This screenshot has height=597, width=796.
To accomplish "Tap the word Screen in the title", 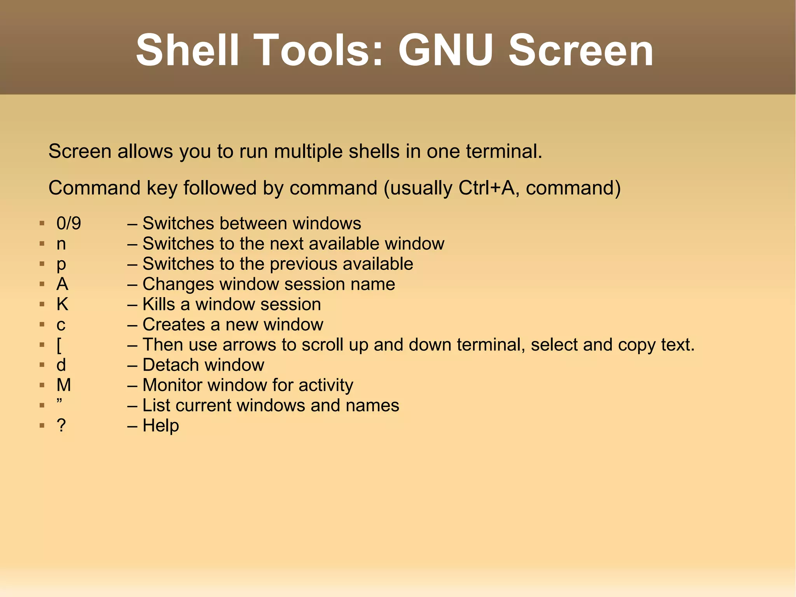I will [x=581, y=50].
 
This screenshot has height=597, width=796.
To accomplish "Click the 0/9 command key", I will [x=69, y=224].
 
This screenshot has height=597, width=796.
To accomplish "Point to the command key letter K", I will [x=62, y=305].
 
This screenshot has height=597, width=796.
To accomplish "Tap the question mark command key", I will [x=61, y=425].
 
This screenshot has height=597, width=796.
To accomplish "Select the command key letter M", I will [x=64, y=385].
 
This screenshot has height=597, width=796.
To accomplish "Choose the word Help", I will [x=161, y=425].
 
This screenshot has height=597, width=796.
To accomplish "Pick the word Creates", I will [x=178, y=325].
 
